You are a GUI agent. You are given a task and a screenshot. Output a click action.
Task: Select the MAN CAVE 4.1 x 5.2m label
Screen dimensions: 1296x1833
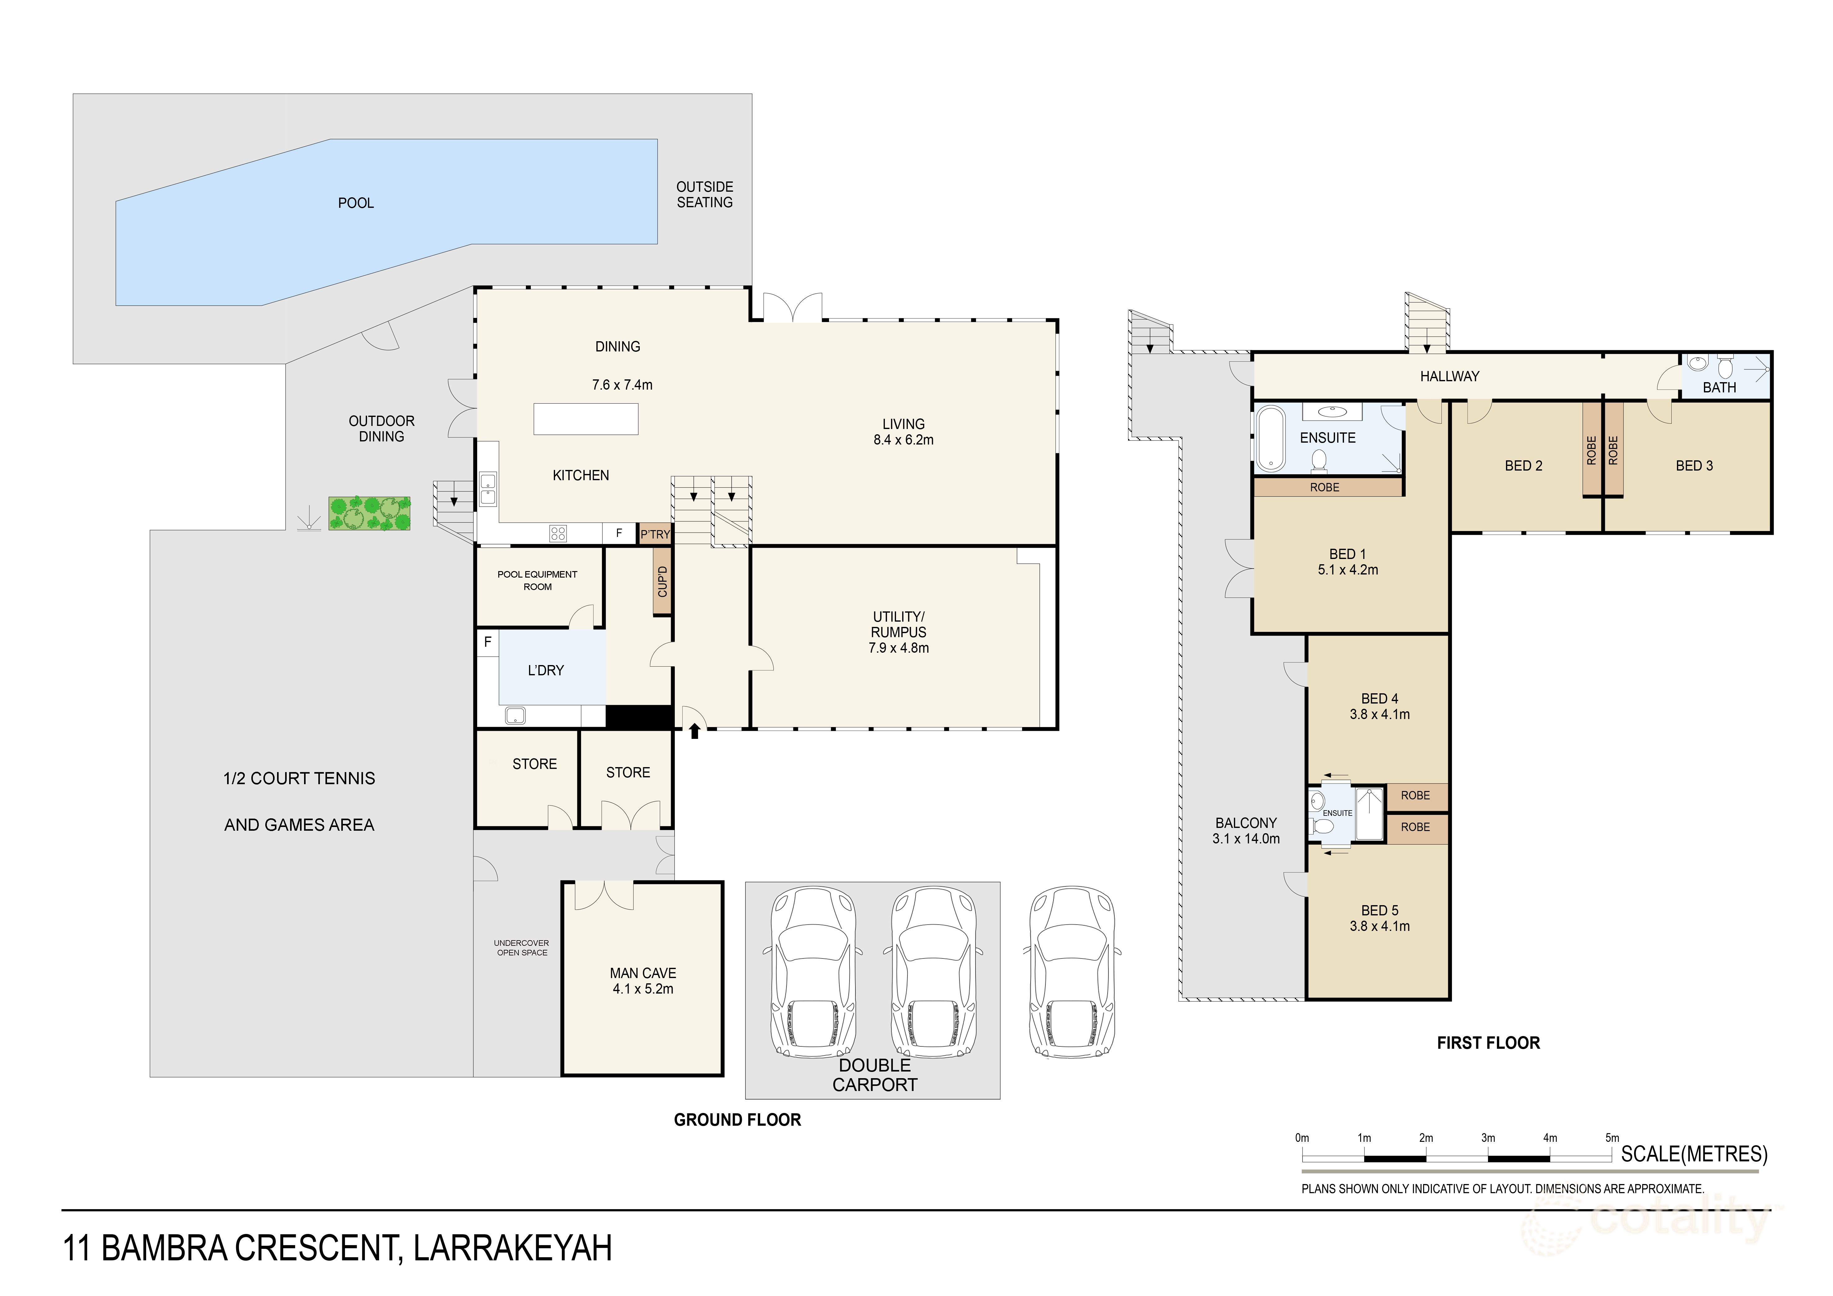point(643,981)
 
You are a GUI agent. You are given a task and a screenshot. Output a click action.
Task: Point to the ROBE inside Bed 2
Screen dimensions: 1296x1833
point(1591,450)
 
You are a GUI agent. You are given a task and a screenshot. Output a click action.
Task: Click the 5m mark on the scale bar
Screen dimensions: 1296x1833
point(1612,1138)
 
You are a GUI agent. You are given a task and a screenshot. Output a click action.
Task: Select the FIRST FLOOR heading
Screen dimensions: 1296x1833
point(1488,1043)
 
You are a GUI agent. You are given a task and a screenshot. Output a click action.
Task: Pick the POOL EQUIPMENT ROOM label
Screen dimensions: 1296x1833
point(537,580)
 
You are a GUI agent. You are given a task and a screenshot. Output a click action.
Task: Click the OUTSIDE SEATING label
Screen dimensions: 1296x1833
point(704,195)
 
